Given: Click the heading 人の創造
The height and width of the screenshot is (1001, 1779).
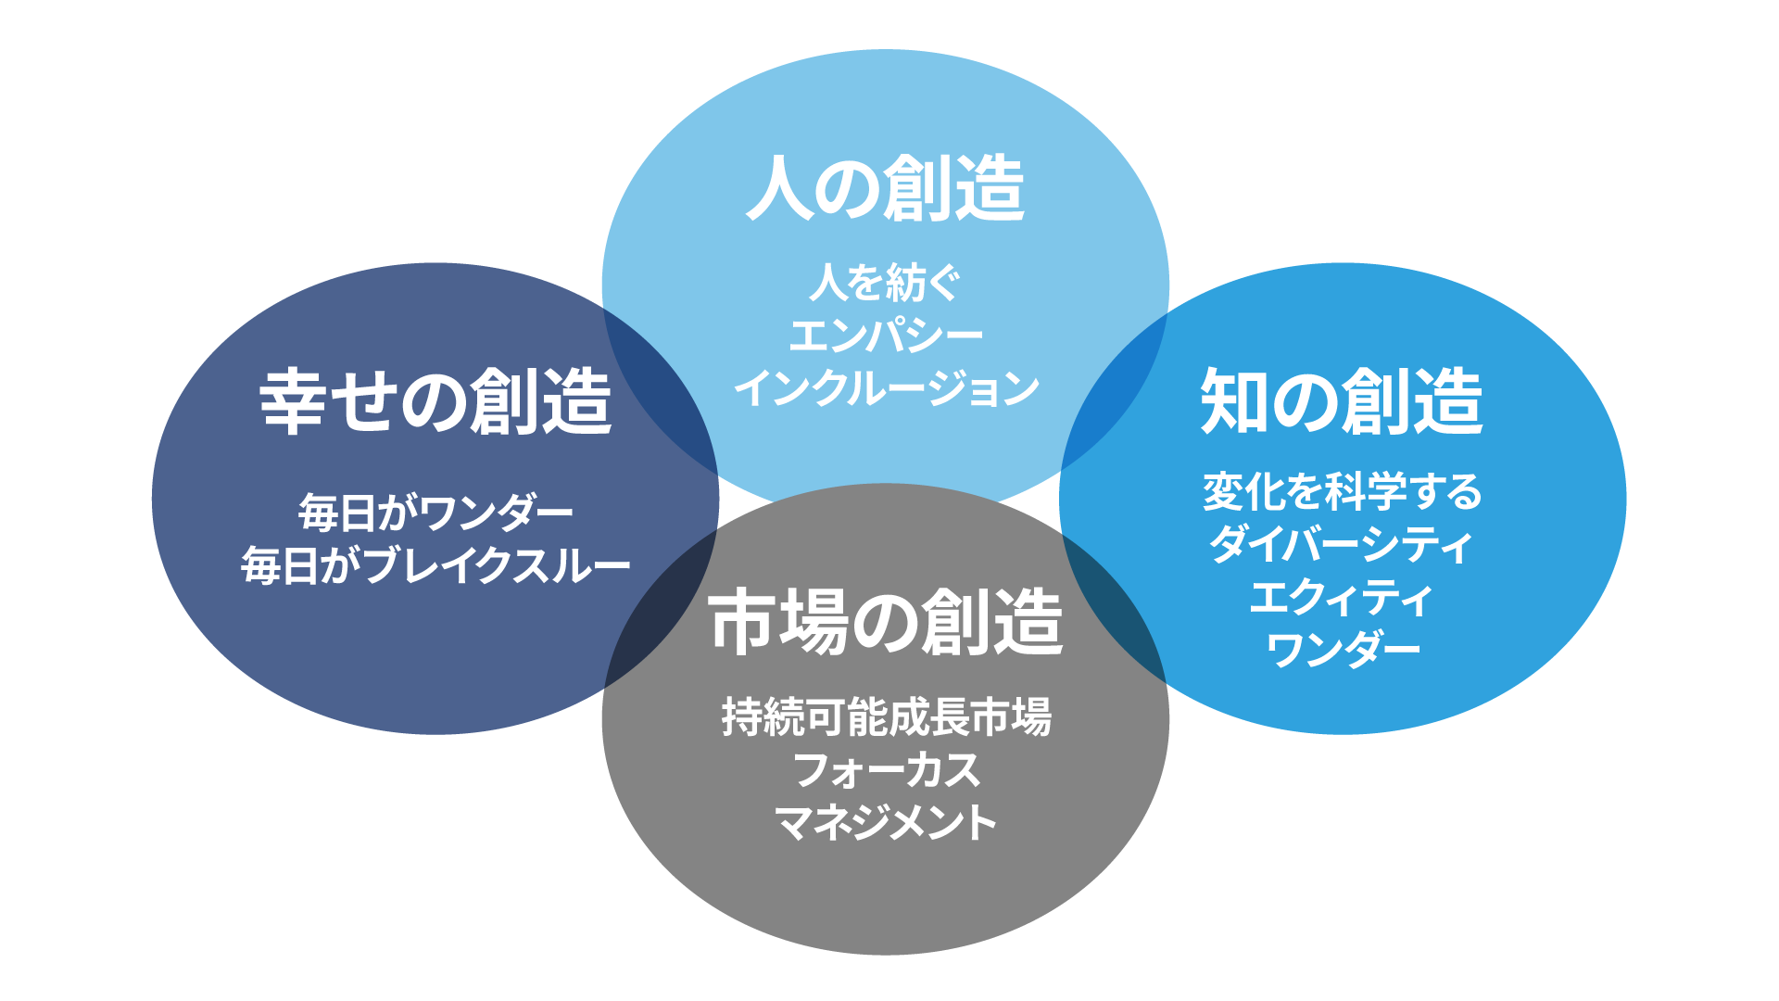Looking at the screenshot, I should pos(886,189).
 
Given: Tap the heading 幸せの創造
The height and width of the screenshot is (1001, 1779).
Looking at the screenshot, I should pos(435,402).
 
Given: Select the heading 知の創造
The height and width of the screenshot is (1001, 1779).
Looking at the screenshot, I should pos(1342,402).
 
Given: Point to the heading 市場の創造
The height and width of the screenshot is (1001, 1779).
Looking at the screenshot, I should pos(886,623).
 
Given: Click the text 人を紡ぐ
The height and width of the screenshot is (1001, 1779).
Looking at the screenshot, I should pos(886,283).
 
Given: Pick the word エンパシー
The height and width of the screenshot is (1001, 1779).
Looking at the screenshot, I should pos(886,336).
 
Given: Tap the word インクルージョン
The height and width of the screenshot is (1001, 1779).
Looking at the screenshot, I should pos(886,388).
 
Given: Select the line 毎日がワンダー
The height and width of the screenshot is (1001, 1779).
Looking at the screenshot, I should pos(435,513).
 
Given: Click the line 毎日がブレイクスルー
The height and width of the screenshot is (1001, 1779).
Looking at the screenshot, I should pos(435,565).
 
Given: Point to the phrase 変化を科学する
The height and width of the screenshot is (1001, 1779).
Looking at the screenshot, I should pos(1342,491).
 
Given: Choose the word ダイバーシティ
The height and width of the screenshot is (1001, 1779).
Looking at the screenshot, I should pos(1342,544).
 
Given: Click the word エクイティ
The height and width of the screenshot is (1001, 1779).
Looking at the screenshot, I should pos(1342,598).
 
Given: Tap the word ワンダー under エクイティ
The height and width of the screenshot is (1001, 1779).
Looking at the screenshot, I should pos(1342,650).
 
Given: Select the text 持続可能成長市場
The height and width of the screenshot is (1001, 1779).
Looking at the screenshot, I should pos(886,717).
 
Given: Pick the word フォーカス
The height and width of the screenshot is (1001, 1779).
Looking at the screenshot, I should pos(886,770).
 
